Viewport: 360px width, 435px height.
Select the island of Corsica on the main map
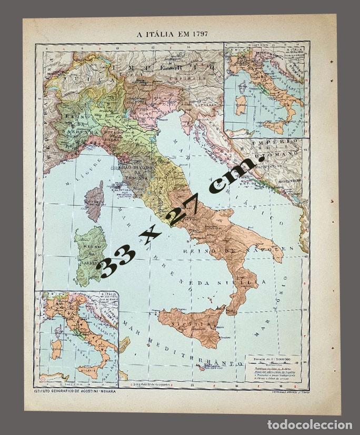click(x=95, y=201)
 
